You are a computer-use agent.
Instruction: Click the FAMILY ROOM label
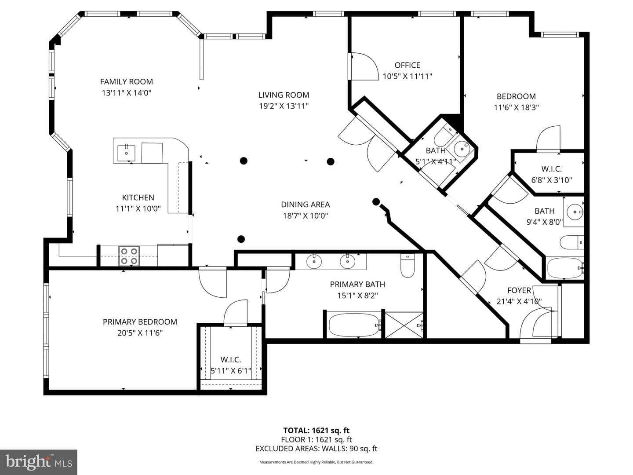click(126, 82)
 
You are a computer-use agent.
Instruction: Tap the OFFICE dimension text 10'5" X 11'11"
click(407, 77)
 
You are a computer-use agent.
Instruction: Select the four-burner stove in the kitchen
click(129, 256)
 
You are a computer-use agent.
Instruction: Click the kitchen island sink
click(126, 153)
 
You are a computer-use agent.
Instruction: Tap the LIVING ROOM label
click(284, 95)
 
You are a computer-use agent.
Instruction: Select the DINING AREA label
click(305, 205)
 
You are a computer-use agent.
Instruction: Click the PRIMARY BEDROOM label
click(140, 322)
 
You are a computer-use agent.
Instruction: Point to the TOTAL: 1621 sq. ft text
click(316, 431)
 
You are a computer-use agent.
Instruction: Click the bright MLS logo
click(39, 462)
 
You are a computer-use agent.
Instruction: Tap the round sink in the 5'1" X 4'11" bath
click(462, 149)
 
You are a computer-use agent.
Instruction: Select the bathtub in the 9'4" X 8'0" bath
click(565, 268)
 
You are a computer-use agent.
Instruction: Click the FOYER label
click(519, 290)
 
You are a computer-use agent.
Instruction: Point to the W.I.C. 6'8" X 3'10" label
click(551, 175)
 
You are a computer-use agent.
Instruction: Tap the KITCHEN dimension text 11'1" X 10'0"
click(138, 209)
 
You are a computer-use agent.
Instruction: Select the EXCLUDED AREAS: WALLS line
click(316, 449)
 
